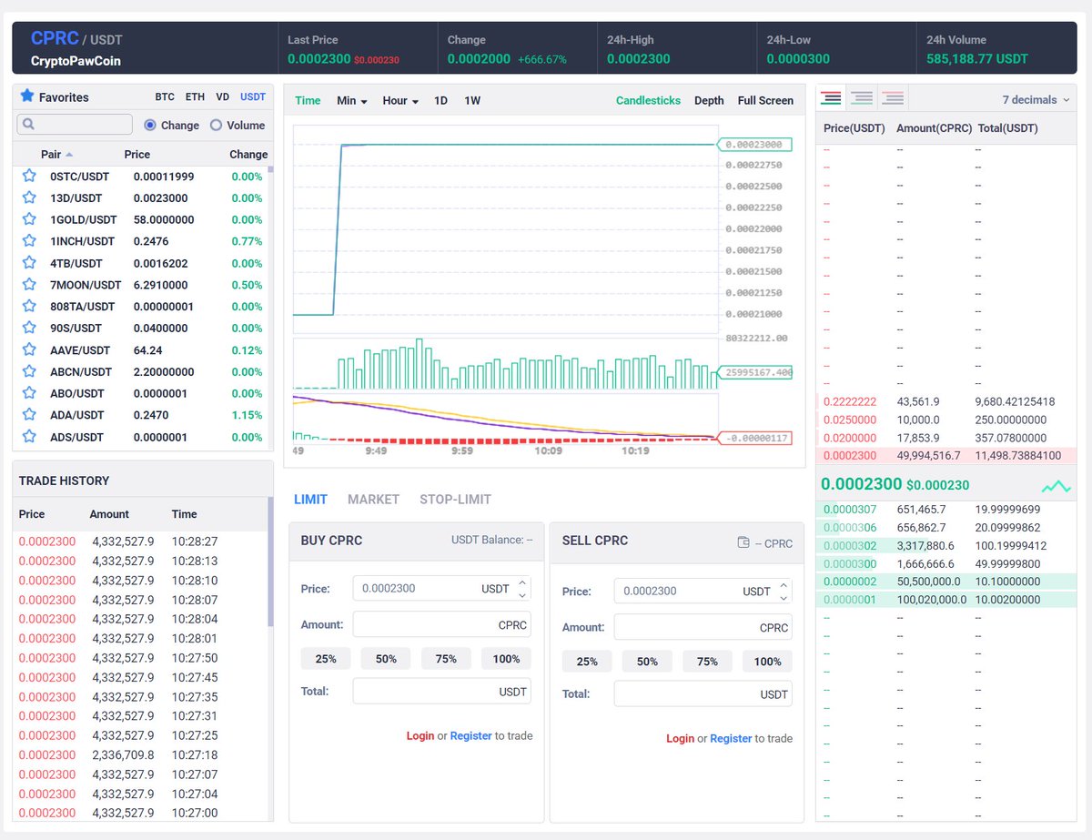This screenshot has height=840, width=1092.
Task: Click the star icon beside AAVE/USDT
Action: click(29, 349)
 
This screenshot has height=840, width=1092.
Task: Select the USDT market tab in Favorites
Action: click(253, 96)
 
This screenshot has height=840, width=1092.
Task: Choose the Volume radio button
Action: click(216, 125)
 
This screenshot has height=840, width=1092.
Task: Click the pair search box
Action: click(75, 124)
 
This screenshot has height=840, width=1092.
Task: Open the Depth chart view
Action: click(709, 100)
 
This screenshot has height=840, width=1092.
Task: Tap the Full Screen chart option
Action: click(765, 100)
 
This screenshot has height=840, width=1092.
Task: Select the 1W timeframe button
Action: click(472, 100)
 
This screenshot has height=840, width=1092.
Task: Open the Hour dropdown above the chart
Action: click(400, 100)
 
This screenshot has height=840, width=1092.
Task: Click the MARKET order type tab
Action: click(373, 499)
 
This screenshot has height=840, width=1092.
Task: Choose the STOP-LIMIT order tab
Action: click(455, 499)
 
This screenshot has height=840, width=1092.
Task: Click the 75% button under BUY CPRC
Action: click(446, 659)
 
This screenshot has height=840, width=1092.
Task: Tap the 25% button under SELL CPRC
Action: click(586, 661)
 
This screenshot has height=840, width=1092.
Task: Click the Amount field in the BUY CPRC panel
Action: click(441, 624)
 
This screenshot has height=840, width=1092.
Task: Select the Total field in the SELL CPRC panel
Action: click(703, 693)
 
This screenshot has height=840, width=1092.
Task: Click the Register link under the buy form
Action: click(470, 735)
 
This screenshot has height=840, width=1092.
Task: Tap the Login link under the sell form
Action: click(680, 738)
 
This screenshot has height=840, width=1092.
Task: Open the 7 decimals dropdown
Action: click(1036, 99)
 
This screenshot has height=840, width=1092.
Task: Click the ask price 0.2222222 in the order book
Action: click(850, 401)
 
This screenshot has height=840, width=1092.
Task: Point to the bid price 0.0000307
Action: click(850, 509)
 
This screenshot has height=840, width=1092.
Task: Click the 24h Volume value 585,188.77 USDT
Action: click(977, 59)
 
